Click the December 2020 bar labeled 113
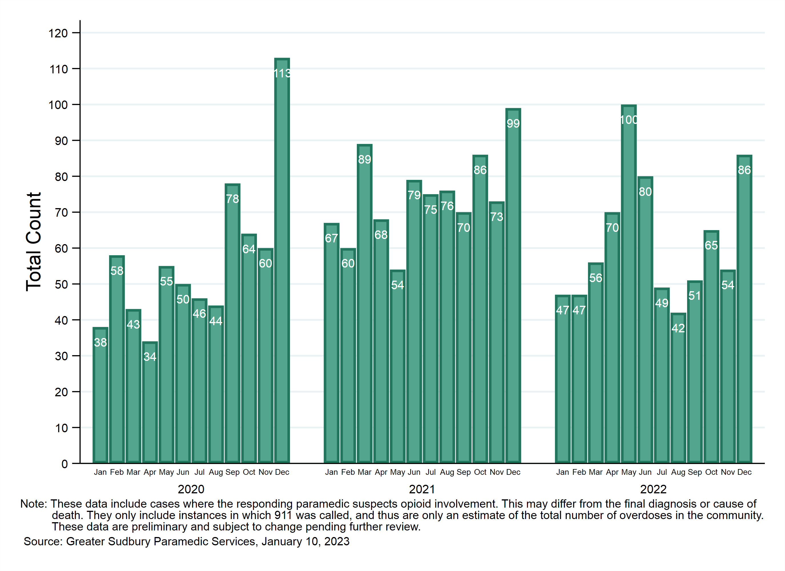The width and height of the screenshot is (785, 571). click(x=282, y=260)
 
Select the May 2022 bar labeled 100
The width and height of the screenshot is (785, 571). click(x=629, y=284)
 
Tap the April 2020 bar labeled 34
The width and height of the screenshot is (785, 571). click(x=150, y=402)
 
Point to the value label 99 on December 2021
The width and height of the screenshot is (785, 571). click(x=513, y=124)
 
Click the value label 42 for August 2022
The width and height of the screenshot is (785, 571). click(x=678, y=328)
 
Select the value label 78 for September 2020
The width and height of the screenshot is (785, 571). click(x=232, y=199)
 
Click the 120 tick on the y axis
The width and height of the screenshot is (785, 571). click(x=58, y=33)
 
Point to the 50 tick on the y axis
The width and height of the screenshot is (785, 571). click(x=61, y=285)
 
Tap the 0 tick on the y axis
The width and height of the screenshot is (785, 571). click(x=65, y=464)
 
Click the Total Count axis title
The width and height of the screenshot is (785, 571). click(x=34, y=242)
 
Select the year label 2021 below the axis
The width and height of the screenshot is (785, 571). click(x=422, y=489)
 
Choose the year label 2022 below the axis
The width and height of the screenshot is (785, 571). click(x=653, y=489)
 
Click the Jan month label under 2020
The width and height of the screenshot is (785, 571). click(x=100, y=472)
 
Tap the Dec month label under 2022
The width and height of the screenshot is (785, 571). click(x=744, y=472)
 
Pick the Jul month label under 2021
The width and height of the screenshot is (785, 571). click(x=430, y=472)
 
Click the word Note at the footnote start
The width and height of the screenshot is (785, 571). click(x=33, y=504)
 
